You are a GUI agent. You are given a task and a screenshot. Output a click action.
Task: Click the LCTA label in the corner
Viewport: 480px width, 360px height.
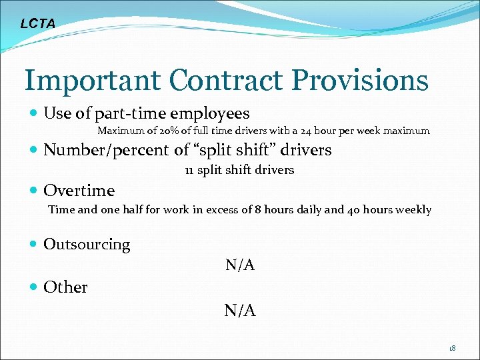[x=38, y=24]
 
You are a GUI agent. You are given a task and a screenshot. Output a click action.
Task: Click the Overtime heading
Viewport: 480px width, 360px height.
[x=79, y=191]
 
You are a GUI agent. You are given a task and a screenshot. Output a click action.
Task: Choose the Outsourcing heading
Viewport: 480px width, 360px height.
[x=87, y=245]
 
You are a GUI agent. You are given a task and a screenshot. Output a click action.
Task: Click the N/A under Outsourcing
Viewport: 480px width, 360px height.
[x=240, y=265]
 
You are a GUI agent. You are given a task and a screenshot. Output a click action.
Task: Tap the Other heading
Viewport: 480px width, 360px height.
[x=65, y=287]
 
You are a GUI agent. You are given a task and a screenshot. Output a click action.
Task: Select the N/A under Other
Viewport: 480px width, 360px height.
[x=240, y=310]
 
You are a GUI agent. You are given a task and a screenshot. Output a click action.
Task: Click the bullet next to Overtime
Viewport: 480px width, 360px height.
[x=33, y=191]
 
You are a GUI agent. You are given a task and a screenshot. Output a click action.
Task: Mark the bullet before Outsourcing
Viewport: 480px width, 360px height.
[x=33, y=245]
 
